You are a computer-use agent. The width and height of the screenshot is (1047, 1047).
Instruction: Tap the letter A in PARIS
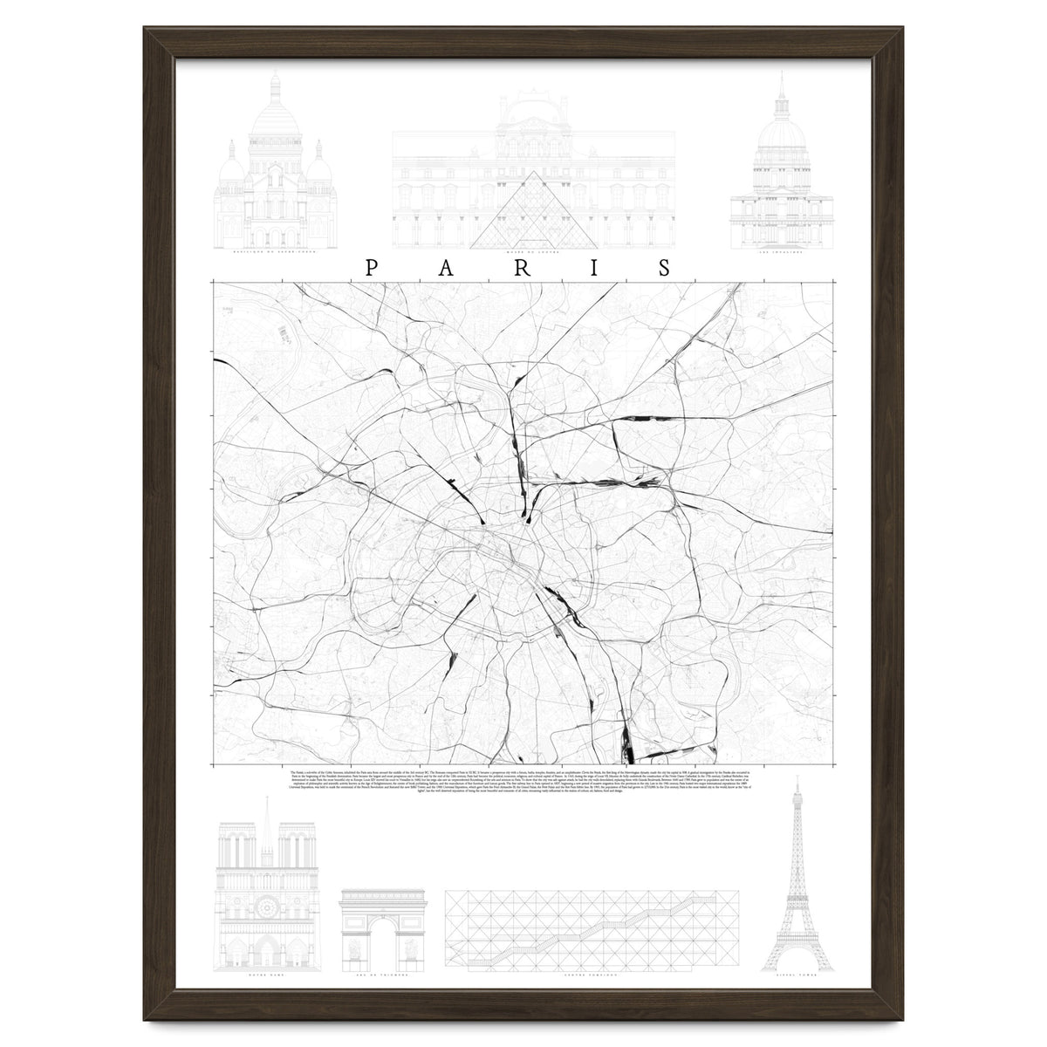point(446,268)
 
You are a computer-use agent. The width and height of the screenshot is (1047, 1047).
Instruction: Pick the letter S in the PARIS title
point(665,268)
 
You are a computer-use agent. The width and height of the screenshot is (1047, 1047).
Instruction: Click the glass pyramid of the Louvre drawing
point(535,214)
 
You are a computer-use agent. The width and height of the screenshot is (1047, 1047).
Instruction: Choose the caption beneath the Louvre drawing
point(535,255)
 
